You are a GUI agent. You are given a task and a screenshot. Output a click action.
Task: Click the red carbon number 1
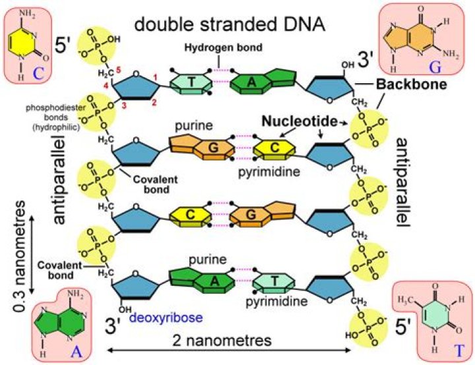point(154,80)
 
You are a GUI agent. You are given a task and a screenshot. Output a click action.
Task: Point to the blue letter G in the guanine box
point(416,68)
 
